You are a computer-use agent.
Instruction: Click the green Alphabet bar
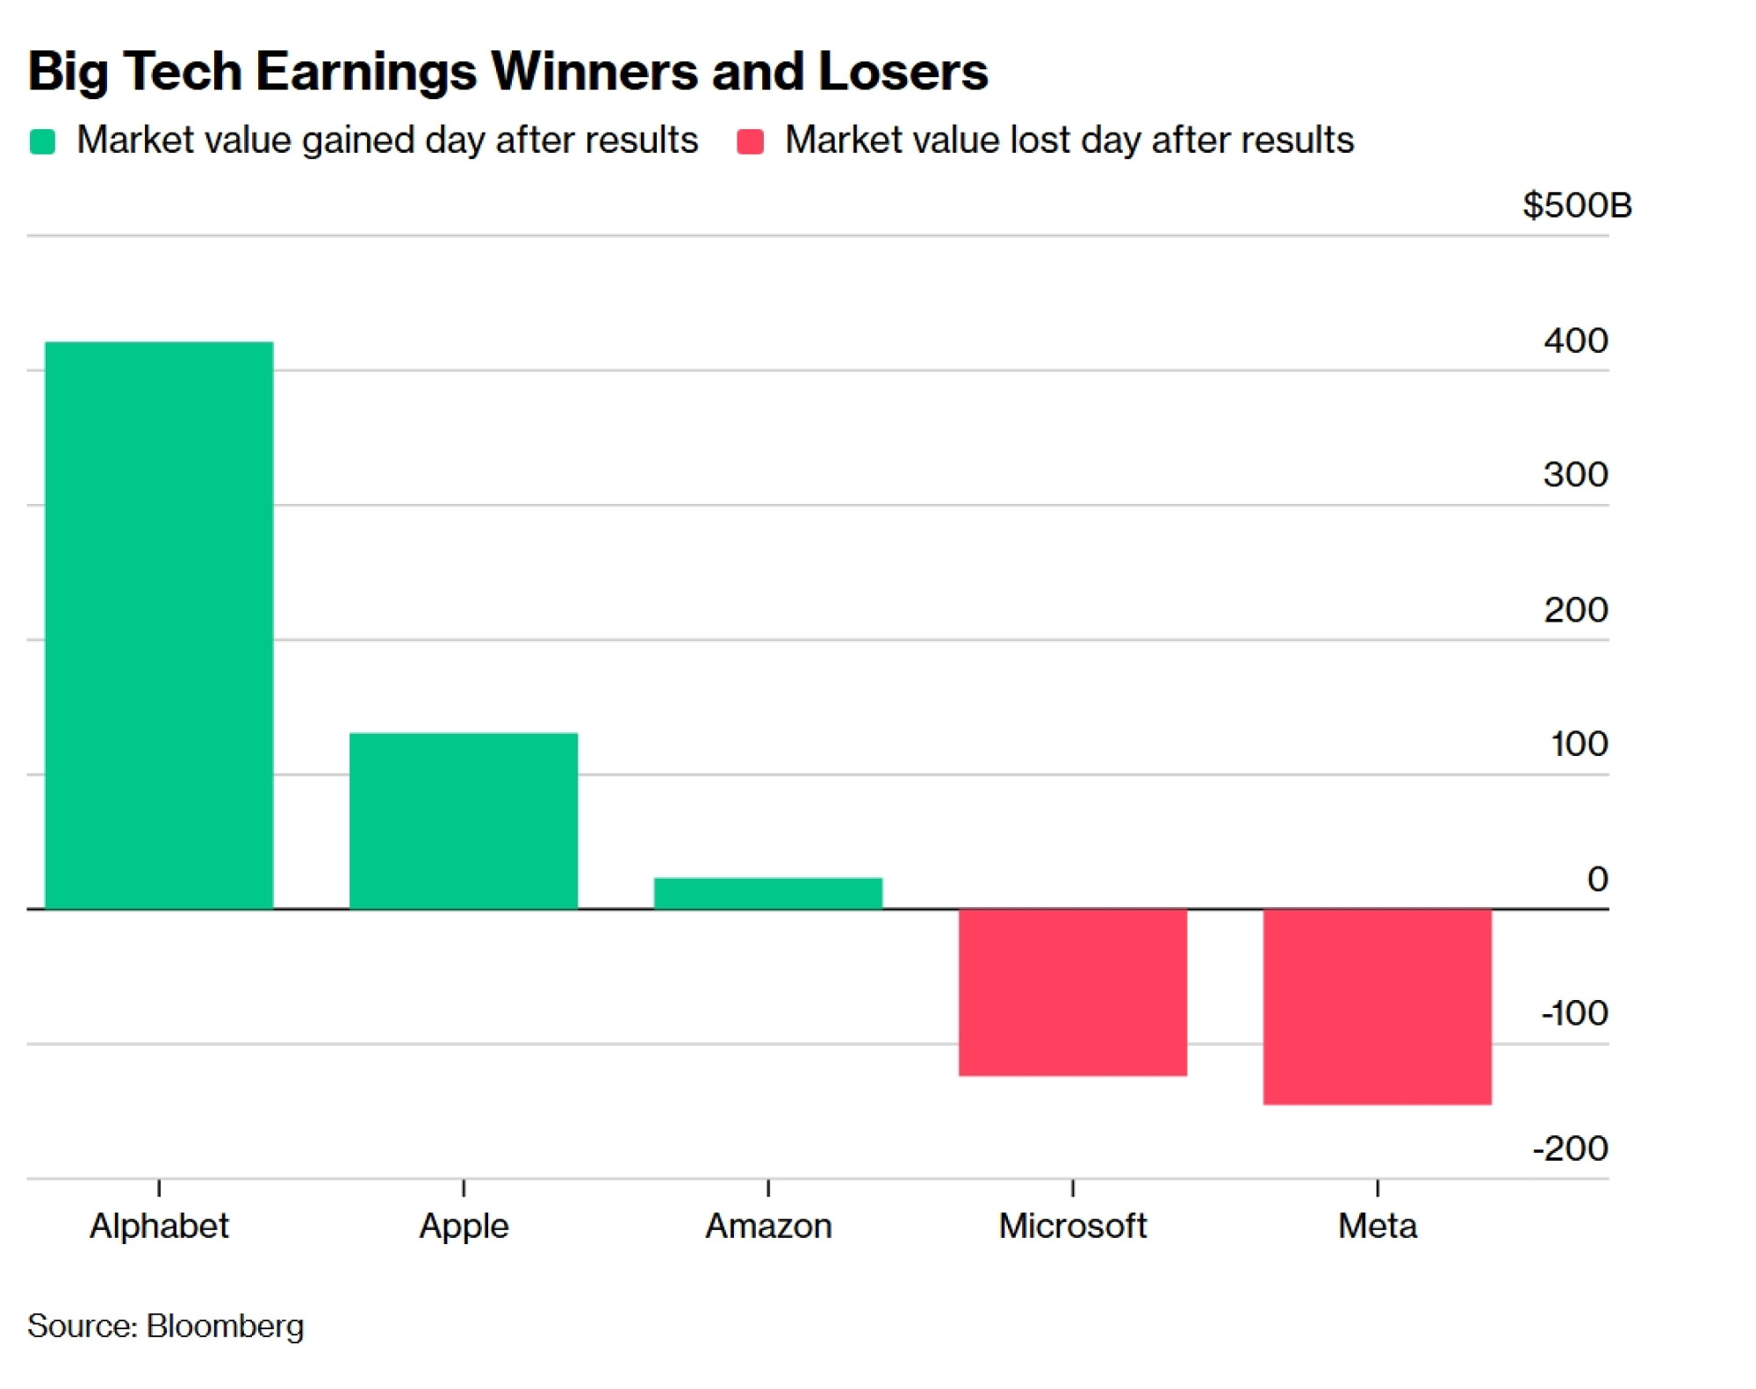[159, 625]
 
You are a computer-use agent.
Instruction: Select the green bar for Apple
[464, 821]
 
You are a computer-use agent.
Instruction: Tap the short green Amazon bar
[768, 893]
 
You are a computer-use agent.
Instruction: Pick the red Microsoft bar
[1073, 992]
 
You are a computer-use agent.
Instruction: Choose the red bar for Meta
[1378, 1006]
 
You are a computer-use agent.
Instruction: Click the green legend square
[42, 141]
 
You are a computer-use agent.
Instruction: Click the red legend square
[750, 141]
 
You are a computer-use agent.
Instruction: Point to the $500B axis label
[1577, 205]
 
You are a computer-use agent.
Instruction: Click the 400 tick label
[1576, 341]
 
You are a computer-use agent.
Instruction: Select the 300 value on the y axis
[1576, 475]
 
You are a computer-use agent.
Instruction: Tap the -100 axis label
[1575, 1013]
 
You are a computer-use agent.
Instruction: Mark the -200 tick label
[1571, 1148]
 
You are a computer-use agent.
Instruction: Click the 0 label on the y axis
[1598, 879]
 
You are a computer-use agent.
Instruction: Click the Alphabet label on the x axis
[159, 1226]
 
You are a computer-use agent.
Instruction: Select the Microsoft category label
[1073, 1226]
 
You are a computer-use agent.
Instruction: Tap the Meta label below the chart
[1378, 1226]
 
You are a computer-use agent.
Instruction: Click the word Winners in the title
[594, 71]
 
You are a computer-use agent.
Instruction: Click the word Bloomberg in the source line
[226, 1327]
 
